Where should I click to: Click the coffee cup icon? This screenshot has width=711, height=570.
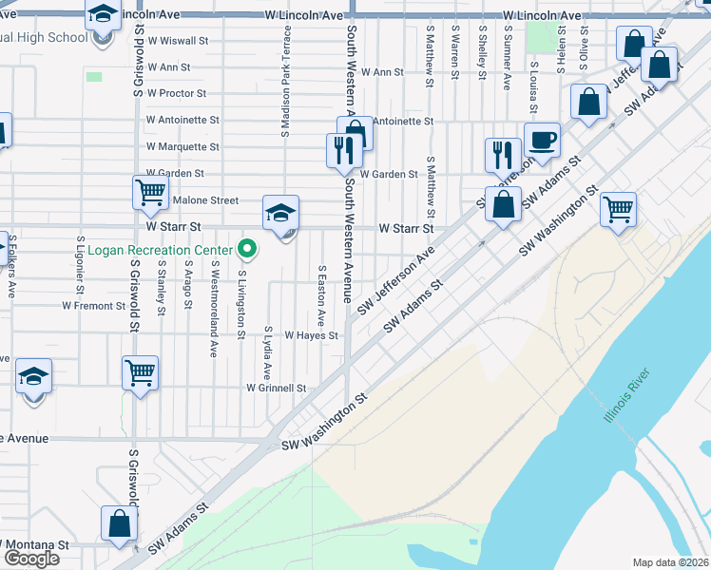point(542,141)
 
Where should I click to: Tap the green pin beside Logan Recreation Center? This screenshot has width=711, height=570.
point(247,250)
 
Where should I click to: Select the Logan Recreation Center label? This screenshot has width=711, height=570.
point(161,251)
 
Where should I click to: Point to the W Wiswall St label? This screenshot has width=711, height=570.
point(177,41)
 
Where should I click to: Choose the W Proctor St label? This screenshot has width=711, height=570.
point(176,93)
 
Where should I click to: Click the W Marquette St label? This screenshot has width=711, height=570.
point(183,147)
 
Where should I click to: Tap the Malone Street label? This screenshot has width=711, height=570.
point(206,200)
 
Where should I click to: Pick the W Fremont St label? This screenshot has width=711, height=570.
point(93,306)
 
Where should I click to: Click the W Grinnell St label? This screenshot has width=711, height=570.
point(276,388)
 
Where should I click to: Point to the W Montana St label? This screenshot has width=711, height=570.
point(35,544)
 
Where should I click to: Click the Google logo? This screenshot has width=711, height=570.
point(30,559)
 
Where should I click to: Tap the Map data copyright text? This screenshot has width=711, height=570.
point(671,562)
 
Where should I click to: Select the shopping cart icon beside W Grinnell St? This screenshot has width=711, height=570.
point(140,370)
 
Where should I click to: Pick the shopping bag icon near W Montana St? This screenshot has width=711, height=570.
point(120,522)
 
